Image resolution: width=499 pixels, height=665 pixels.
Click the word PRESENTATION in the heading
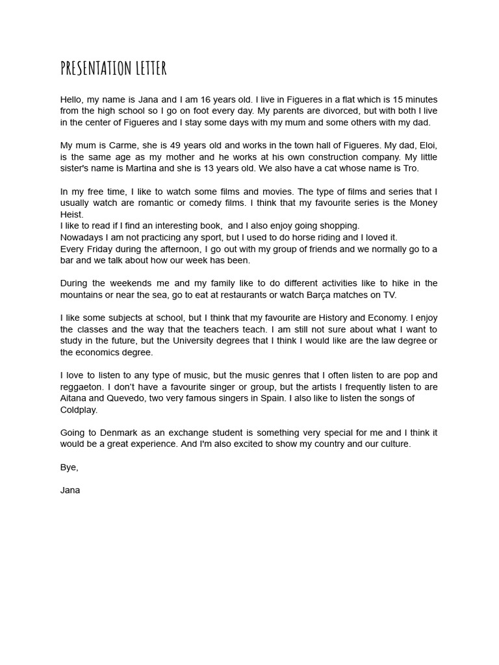tap(97, 68)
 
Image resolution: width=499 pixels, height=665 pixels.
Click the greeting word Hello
tap(72, 99)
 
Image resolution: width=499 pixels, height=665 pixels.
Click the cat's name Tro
tap(410, 168)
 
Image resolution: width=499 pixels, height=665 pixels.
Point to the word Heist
tap(71, 214)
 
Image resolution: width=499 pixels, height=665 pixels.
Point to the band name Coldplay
tap(79, 409)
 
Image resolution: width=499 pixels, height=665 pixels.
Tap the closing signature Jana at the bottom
tap(70, 490)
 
